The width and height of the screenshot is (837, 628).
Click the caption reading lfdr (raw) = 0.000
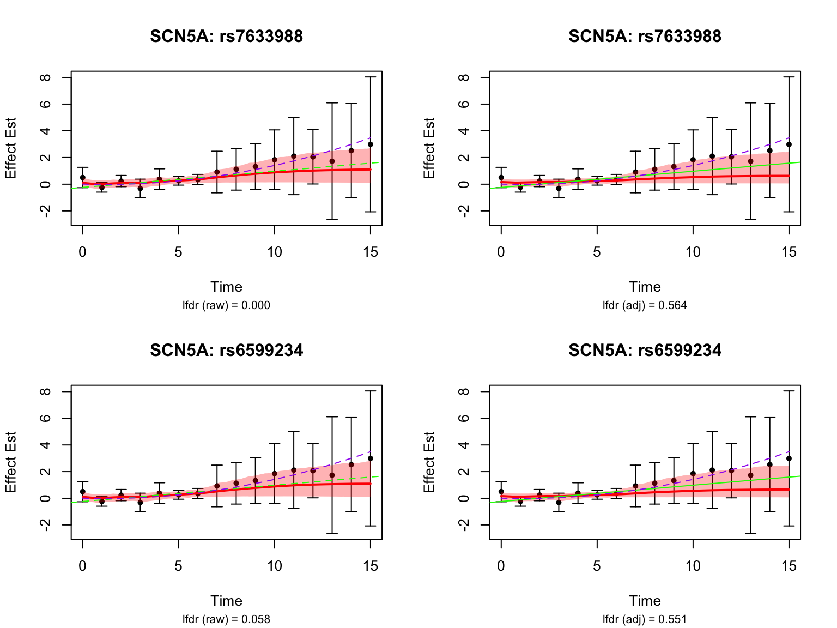tap(226, 305)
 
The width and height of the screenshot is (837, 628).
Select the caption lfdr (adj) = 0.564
tap(645, 305)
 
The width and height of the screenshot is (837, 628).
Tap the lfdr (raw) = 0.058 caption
tap(226, 619)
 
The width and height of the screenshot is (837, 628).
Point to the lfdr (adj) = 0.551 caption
tap(645, 619)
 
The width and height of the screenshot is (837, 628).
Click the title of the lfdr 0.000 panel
tap(226, 37)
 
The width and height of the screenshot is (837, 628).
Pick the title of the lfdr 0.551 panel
tap(645, 351)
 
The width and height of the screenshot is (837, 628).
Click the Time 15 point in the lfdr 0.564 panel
tap(789, 144)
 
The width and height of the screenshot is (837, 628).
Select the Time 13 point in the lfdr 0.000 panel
tap(332, 161)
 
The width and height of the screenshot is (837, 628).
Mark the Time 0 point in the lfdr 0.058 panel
tap(83, 492)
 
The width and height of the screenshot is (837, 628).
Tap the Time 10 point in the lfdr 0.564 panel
tap(693, 160)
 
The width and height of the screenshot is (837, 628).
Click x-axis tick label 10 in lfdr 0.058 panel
tap(274, 566)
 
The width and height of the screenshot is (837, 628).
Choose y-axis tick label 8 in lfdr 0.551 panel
tap(464, 391)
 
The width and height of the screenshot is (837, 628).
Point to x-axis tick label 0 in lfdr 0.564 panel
tap(501, 252)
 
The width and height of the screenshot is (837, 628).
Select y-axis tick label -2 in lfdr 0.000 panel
tap(45, 211)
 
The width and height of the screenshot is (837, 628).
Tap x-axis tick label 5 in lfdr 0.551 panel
tap(597, 566)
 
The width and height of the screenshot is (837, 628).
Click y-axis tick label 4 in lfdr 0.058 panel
tap(45, 445)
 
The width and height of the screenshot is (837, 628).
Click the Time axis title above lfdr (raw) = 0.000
tap(226, 287)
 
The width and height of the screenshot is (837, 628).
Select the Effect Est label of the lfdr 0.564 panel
tap(429, 148)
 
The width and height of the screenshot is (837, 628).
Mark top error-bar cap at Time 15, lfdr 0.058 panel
tap(371, 391)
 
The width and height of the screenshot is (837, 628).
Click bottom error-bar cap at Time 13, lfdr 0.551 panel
tap(750, 534)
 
